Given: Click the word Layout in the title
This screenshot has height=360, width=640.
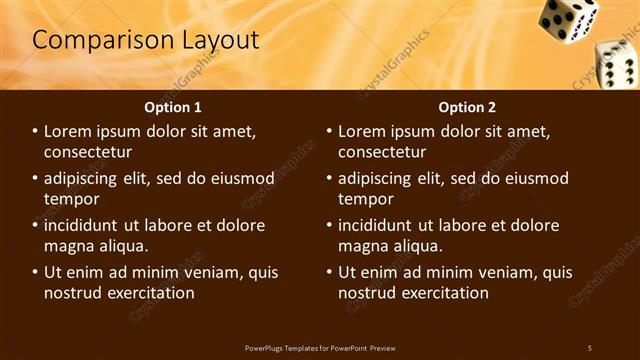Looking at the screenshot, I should (218, 40).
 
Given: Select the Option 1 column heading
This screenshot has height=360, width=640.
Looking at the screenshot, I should (173, 107).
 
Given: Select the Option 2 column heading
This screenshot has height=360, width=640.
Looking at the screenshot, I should (467, 107).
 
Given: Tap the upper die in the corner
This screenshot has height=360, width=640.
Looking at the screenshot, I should (568, 18).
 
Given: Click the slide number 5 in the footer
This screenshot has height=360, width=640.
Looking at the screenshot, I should (589, 347).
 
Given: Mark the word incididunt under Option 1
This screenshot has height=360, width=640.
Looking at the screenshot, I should (85, 226).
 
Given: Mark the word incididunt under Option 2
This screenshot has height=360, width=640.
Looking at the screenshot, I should (379, 226).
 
